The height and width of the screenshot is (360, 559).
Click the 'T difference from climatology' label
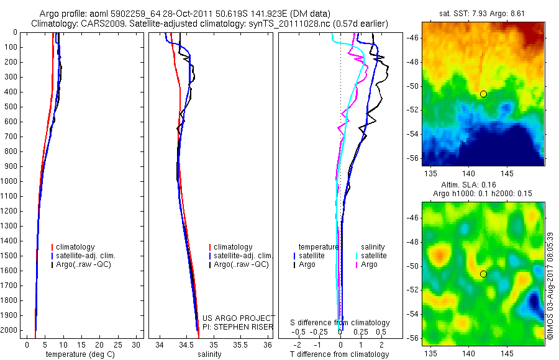pos(340,354)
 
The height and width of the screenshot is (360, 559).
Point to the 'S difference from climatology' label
pos(340,323)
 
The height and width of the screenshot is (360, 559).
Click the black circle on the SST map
pos(483,94)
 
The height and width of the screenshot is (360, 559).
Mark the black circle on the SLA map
pos(483,274)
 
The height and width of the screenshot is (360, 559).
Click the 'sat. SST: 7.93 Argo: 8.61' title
pos(483,12)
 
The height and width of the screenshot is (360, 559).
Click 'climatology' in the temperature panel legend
pos(75,247)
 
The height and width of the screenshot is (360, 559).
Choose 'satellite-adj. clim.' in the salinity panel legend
pos(243,256)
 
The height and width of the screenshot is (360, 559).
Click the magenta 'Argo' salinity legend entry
pos(369,264)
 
